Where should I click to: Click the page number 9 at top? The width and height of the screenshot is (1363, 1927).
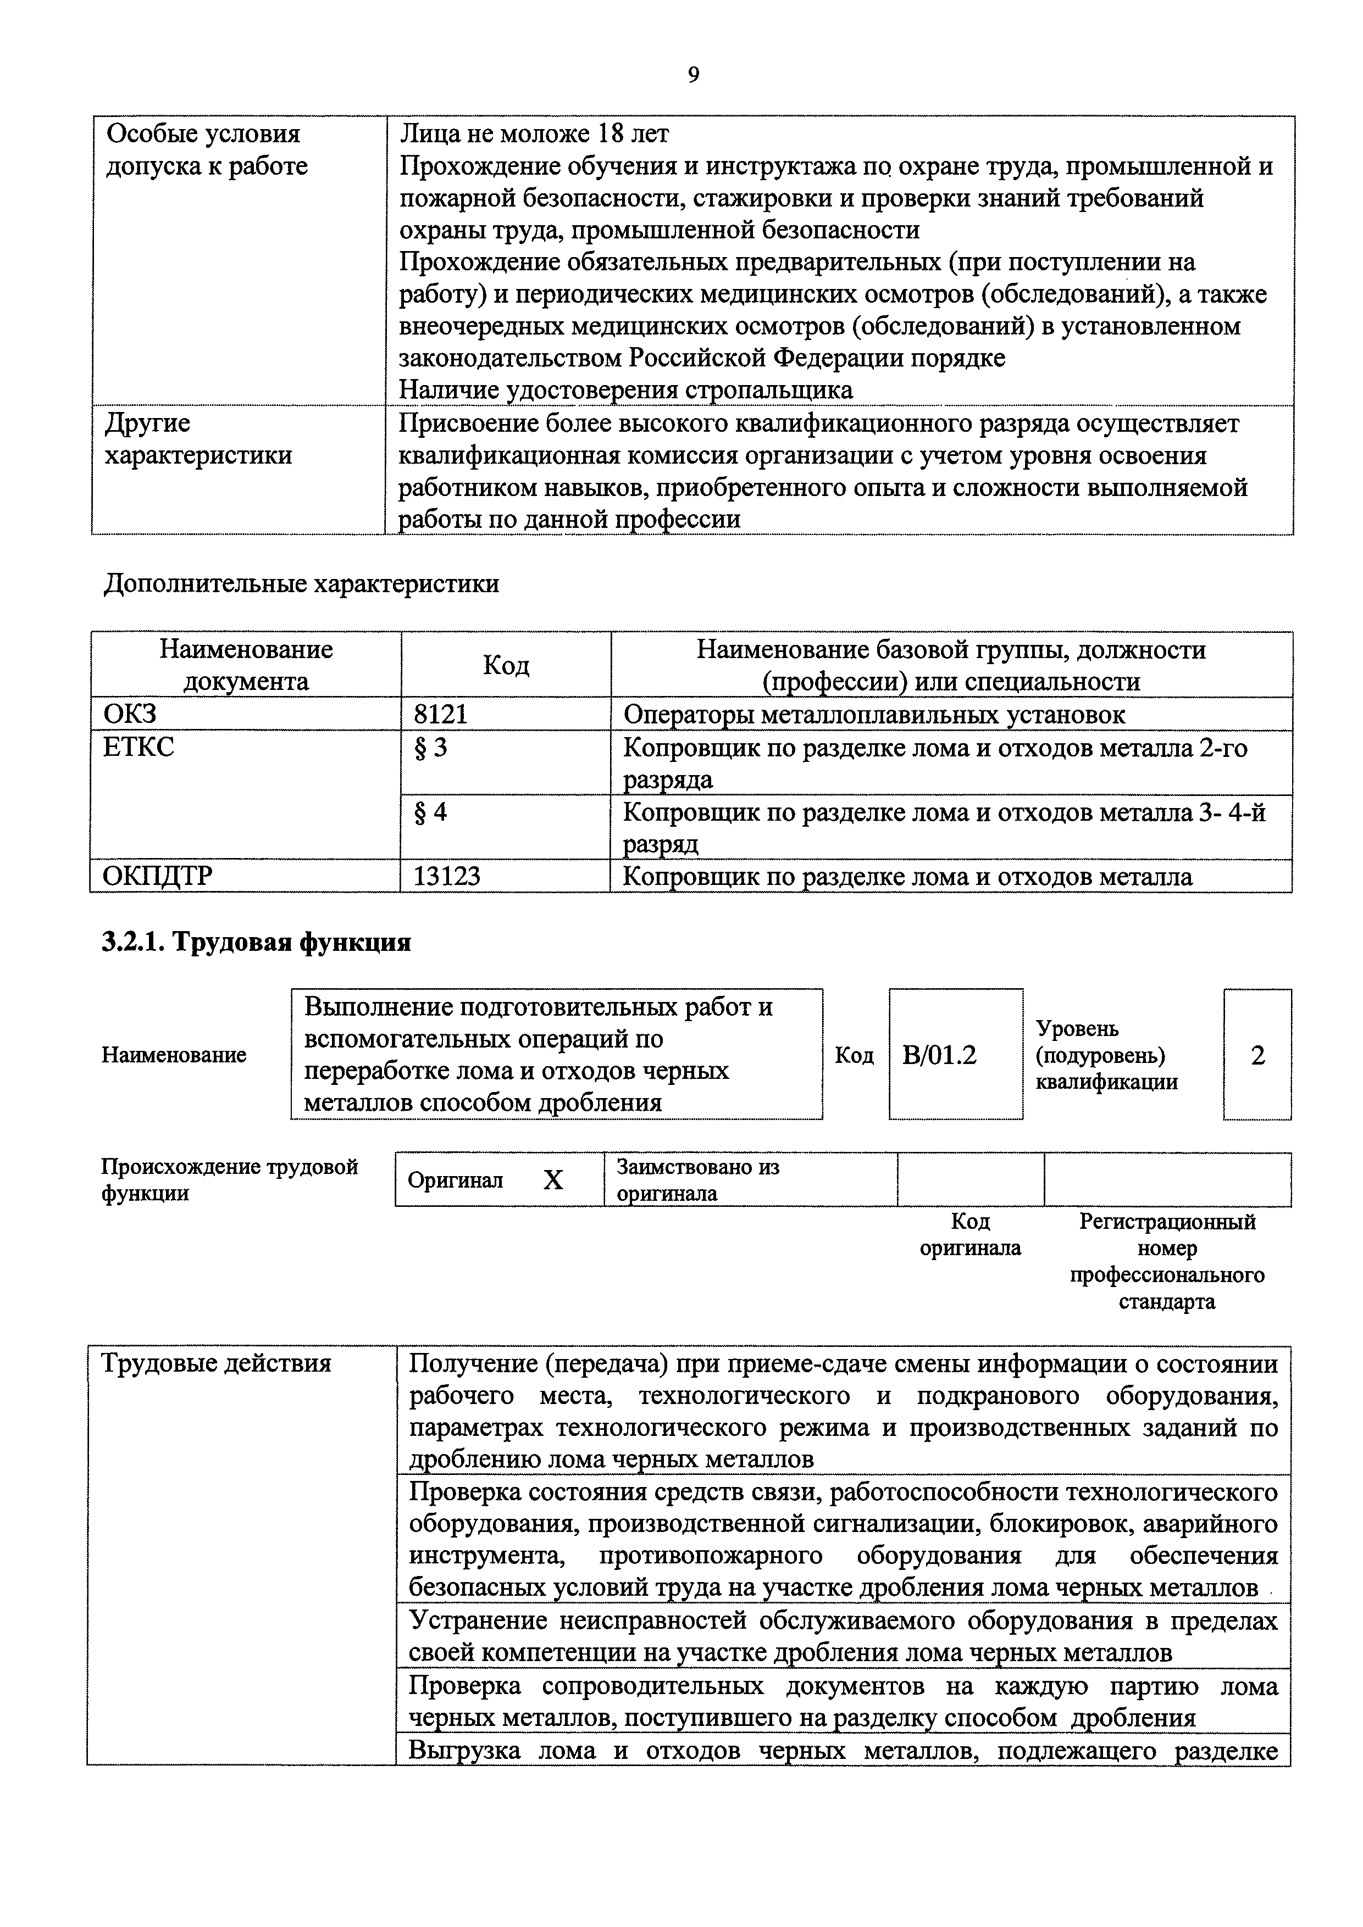point(693,76)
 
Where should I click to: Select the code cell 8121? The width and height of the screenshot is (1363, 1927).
point(440,714)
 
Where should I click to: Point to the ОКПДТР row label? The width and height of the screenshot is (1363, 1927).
point(157,876)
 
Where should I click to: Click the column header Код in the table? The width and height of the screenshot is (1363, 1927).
point(506,666)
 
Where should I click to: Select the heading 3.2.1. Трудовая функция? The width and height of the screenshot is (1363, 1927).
point(256,943)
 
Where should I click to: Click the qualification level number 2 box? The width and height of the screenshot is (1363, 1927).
point(1257,1055)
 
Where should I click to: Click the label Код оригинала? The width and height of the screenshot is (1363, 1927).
point(970,1235)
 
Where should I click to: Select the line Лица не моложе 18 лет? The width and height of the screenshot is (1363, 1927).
point(534,133)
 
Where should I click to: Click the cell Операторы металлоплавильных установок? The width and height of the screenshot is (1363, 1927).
point(873,714)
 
